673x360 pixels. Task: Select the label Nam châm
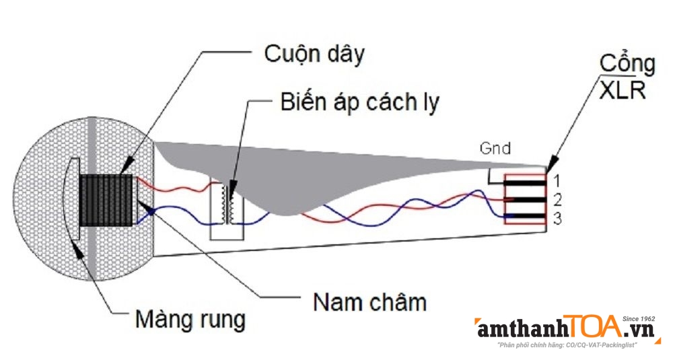[369, 302]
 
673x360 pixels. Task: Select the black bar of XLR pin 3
[525, 217]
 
